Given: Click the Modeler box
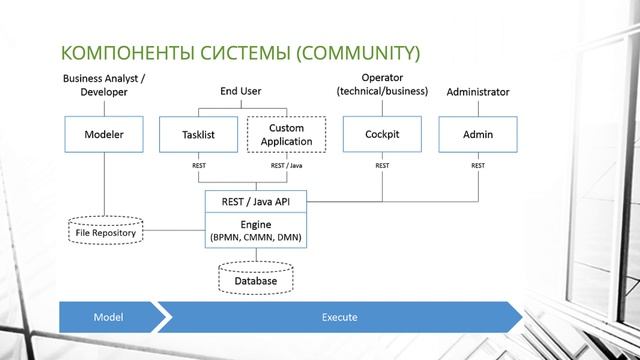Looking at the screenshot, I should (x=104, y=134).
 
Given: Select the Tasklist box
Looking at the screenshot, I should (x=199, y=134).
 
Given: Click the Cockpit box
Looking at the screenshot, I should (x=382, y=134).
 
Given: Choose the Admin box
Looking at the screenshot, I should (x=478, y=134).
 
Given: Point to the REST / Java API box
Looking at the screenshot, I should (x=255, y=201).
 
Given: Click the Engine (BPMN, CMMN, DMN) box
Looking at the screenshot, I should (x=255, y=231).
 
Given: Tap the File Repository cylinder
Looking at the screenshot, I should (x=106, y=232).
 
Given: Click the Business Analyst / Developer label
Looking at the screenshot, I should (x=102, y=85).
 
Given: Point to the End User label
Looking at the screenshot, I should (x=240, y=91).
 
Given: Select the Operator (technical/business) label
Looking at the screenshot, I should (x=382, y=85).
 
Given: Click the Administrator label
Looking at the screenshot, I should (x=477, y=92).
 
